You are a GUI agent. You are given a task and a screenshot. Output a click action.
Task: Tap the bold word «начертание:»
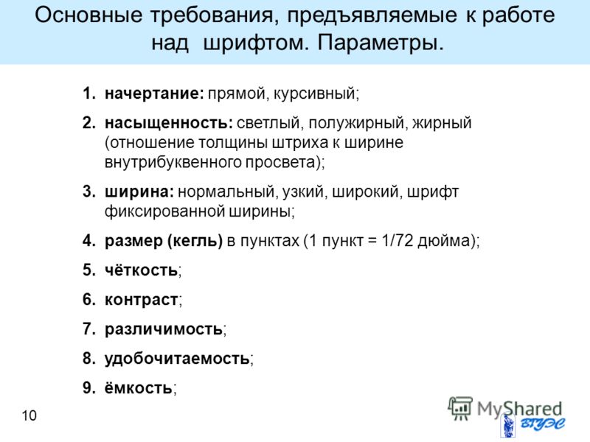tap(154, 94)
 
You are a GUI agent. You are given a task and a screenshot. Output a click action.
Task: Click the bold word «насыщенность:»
tap(169, 123)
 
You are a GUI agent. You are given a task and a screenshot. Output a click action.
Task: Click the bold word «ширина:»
tap(139, 192)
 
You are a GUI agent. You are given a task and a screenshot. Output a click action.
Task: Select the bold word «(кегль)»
tap(195, 241)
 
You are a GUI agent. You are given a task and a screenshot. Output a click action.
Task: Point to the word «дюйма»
tap(443, 241)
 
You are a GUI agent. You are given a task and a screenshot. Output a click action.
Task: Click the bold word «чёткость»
tap(141, 270)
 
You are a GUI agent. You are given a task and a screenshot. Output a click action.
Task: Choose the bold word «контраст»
tap(142, 300)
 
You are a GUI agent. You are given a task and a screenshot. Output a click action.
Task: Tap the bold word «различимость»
tap(164, 329)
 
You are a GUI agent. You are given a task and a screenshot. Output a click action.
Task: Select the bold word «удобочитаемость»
tap(177, 359)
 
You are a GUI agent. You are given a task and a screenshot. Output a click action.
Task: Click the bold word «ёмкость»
tap(139, 388)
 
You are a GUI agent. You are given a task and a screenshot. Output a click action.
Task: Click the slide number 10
tap(29, 415)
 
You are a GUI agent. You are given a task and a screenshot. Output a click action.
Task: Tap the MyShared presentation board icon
tap(459, 408)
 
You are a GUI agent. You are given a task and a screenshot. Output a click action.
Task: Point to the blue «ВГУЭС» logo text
tap(542, 424)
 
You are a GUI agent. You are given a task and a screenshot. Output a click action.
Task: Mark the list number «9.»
tap(89, 388)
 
